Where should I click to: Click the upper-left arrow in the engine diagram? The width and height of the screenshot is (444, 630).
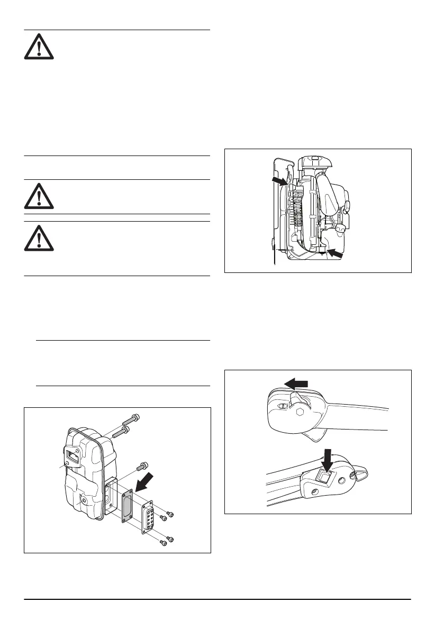[280, 181]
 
